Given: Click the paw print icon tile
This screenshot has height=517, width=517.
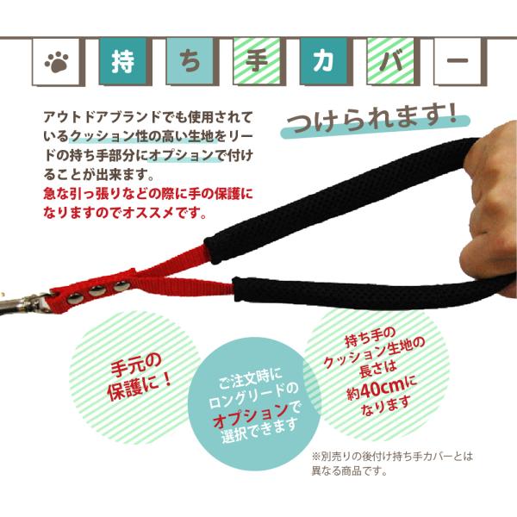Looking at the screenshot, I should pos(58,64).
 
